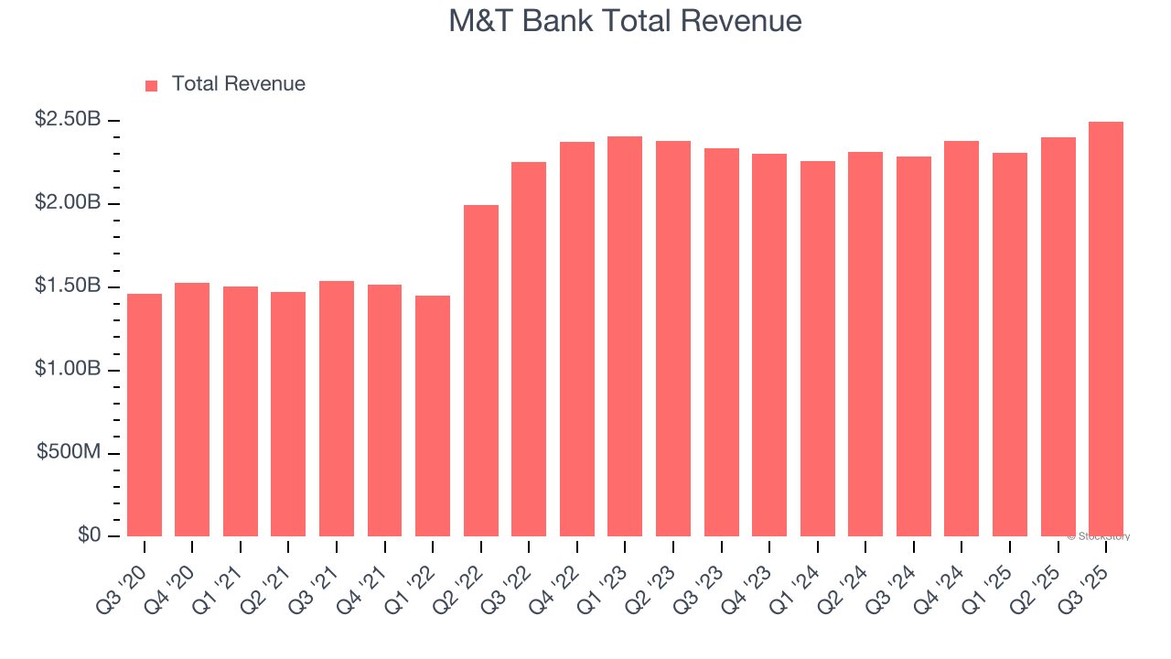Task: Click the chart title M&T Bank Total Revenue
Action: (x=625, y=21)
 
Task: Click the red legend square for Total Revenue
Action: (x=152, y=85)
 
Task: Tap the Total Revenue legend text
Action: (x=238, y=84)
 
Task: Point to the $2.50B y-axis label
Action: (x=68, y=119)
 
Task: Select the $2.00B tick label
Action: (x=68, y=202)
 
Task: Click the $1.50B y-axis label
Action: (x=68, y=286)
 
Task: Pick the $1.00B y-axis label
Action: (x=68, y=369)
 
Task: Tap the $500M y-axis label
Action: (x=70, y=452)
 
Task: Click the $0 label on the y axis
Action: (x=89, y=535)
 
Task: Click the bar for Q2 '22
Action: (x=481, y=371)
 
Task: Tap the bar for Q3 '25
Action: (x=1106, y=329)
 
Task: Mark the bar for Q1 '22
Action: (x=433, y=416)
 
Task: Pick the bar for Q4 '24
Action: (x=962, y=339)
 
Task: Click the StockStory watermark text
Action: (x=1099, y=536)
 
